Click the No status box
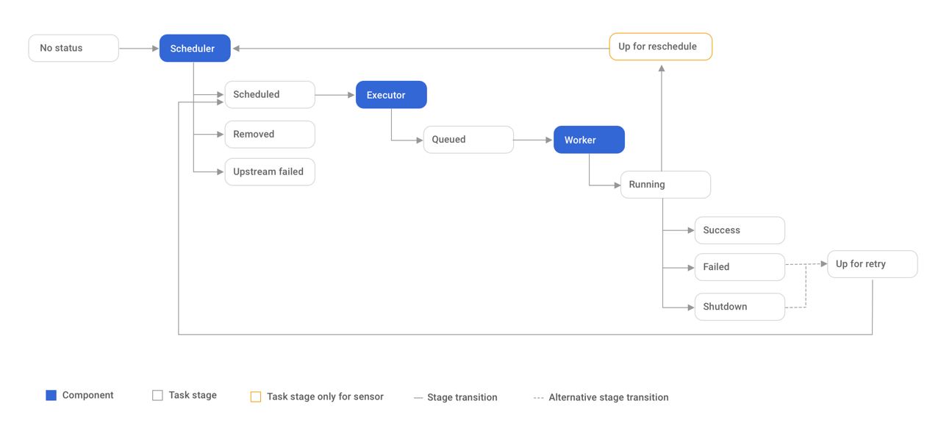coord(74,49)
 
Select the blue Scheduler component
coord(195,49)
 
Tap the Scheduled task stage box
coord(270,95)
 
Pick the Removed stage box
coord(270,135)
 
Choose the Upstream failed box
coord(270,172)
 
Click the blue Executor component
coord(392,95)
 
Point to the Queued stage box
coord(468,140)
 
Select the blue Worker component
coord(589,140)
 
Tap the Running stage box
coord(666,185)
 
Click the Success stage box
coord(740,230)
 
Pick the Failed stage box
coord(740,267)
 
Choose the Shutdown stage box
coord(740,307)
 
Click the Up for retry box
coord(873,264)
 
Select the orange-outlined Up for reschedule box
coord(661,46)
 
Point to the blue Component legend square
coord(51,396)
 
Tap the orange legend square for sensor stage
coord(256,397)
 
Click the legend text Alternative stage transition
coord(609,397)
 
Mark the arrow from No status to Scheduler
coord(139,49)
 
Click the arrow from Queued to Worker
coord(533,140)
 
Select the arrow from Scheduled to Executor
coord(335,95)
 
